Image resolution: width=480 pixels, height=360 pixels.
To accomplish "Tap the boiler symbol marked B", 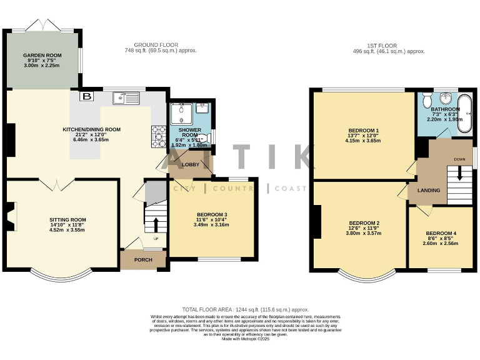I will pos(86,97).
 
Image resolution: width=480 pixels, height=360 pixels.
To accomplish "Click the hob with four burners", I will pos(157,136).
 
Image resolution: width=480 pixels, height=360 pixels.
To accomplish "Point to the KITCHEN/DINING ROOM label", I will pos(91,129).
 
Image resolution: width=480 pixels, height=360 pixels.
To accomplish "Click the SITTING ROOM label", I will pos(67,220).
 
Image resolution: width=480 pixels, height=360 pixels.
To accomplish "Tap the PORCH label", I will pos(143,259).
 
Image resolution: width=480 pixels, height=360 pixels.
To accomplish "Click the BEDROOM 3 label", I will pos(212,215).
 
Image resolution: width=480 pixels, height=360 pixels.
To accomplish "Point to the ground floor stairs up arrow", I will pos(155,222).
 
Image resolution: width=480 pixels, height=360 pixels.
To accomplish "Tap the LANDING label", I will pos(429,190).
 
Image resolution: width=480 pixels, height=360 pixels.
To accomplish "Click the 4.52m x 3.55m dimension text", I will pos(67,230).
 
